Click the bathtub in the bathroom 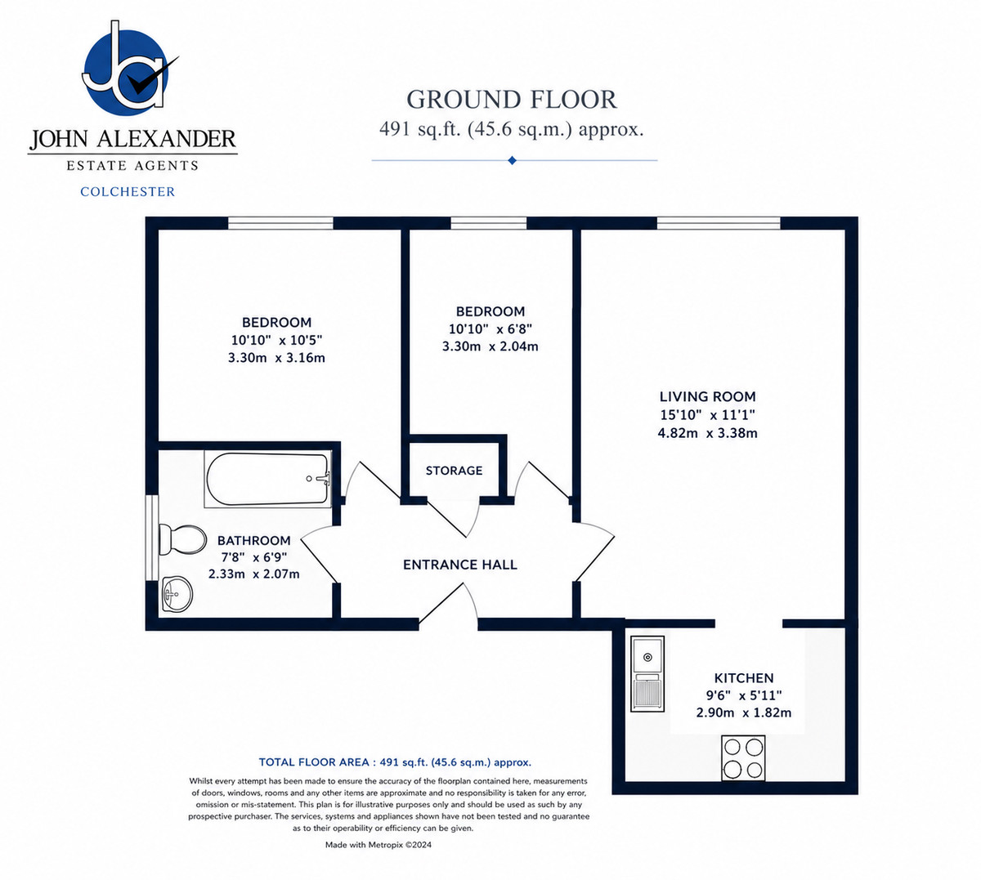pos(267,479)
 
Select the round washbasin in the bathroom pos(177,595)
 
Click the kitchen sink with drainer pos(647,673)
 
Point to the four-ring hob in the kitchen pos(743,758)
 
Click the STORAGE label pos(454,471)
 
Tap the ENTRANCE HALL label pos(460,565)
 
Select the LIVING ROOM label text pos(707,396)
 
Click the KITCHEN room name pos(744,677)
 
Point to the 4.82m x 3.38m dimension pos(707,433)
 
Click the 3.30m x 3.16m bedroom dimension pos(276,358)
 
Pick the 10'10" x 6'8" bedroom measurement pos(490,328)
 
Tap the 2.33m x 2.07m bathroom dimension pos(253,574)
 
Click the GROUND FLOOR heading pos(512,100)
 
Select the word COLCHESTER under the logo pos(128,192)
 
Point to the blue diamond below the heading pos(513,160)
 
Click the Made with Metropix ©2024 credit pos(379,845)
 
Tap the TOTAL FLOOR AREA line pos(395,762)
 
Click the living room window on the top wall pos(719,223)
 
